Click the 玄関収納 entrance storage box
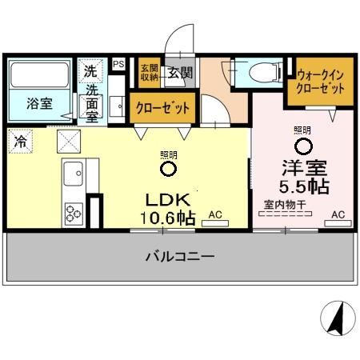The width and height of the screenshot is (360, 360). click(149, 73)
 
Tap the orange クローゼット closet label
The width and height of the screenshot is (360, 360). click(163, 107)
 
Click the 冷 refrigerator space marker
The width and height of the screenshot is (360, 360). click(18, 140)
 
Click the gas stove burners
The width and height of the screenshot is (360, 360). click(74, 213)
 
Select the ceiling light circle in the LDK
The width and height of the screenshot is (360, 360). click(168, 169)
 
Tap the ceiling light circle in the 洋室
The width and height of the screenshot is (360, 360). click(302, 146)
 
